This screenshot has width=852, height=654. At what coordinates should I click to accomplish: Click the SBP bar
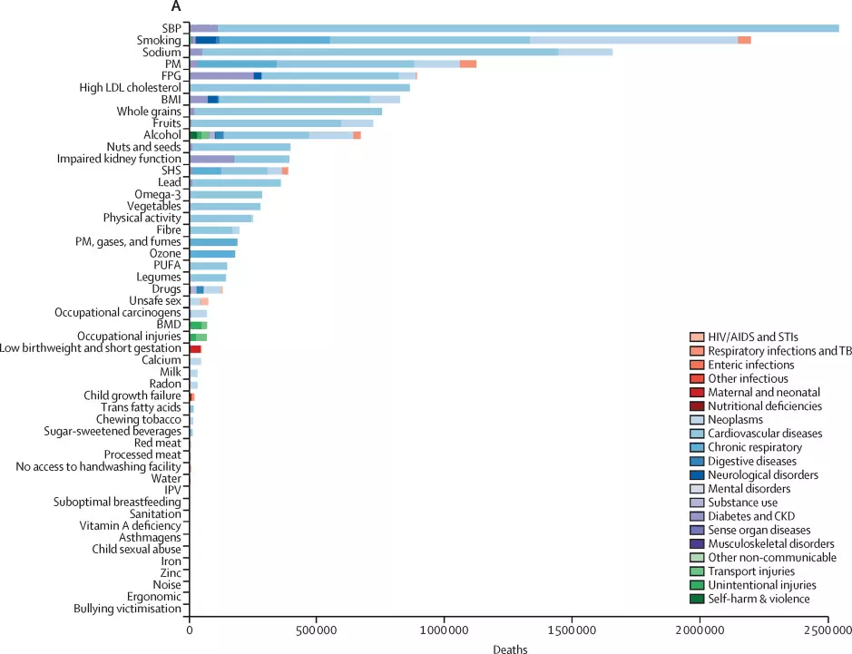(x=514, y=29)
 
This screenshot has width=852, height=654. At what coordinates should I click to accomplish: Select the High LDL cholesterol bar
(x=299, y=88)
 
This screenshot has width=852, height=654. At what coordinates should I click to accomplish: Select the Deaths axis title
(x=509, y=649)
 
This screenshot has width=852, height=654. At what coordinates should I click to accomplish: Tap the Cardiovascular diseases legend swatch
(x=697, y=434)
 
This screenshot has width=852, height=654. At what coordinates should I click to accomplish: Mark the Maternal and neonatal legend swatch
(x=697, y=393)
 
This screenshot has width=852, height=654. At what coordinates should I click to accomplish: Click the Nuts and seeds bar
(x=240, y=147)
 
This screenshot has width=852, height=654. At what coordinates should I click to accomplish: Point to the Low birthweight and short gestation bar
(x=195, y=348)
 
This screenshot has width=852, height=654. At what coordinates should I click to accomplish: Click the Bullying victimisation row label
(x=128, y=609)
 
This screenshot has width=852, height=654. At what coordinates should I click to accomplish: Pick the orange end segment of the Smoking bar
(x=744, y=40)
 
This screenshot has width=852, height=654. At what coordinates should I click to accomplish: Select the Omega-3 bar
(x=226, y=194)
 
